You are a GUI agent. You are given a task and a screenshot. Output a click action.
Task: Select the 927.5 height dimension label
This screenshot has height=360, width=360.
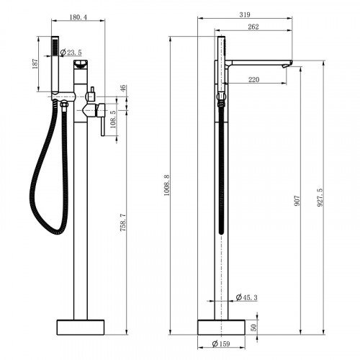(320, 196)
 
